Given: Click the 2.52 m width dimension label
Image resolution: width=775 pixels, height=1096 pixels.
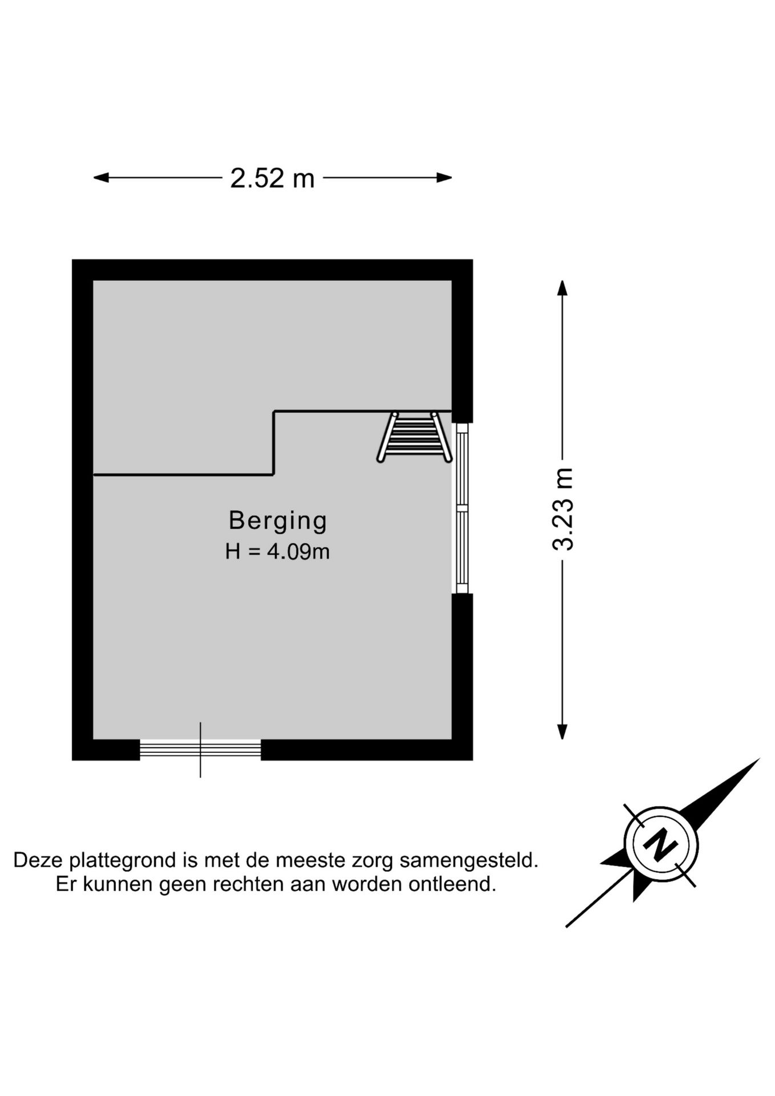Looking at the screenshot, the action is (x=272, y=178).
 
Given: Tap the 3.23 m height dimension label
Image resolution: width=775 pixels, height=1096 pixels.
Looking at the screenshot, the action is (x=563, y=509).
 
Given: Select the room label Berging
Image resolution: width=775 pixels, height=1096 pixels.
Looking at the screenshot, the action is (x=278, y=521).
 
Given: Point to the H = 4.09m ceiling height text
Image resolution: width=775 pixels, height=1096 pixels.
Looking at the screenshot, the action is (x=277, y=551).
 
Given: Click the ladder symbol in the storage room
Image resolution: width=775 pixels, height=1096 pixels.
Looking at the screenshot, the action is (x=414, y=437).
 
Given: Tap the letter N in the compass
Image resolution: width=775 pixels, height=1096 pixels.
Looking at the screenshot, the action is (x=661, y=844).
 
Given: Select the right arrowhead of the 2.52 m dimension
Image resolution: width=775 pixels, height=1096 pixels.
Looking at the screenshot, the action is (x=444, y=178).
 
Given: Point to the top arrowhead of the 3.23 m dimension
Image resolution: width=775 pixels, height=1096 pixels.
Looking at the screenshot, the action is (x=563, y=288).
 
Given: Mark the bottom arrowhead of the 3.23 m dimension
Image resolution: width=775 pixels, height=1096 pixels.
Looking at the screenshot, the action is (x=563, y=731).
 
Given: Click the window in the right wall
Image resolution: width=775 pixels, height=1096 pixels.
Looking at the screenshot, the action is (x=462, y=508).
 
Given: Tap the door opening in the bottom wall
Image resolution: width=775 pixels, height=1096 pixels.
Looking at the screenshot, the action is (x=200, y=750).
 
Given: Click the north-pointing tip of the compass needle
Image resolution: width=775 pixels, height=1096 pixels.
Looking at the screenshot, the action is (x=760, y=759).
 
